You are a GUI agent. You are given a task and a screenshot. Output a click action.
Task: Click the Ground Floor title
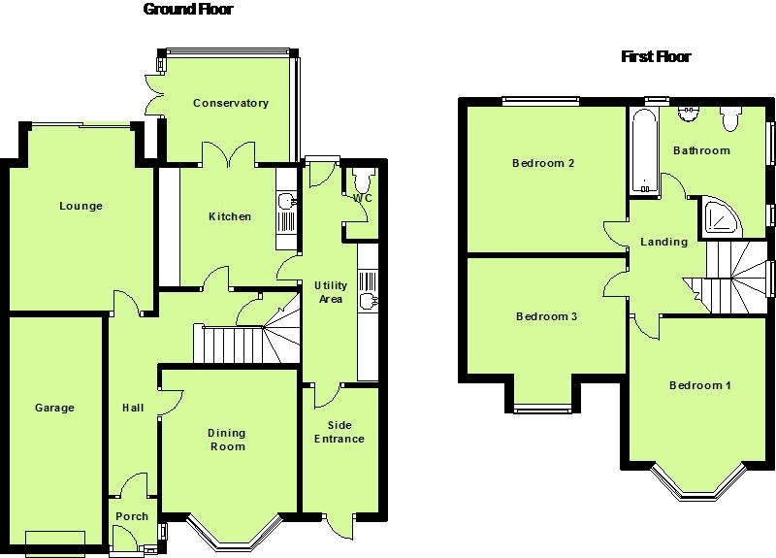(188, 10)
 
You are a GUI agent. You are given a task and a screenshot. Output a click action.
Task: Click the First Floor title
(656, 57)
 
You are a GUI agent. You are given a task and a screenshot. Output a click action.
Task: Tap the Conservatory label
(230, 104)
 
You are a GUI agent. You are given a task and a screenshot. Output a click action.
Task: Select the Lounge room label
(81, 207)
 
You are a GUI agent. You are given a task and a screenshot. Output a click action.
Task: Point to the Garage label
(54, 409)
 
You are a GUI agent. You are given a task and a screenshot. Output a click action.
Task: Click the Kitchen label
(230, 217)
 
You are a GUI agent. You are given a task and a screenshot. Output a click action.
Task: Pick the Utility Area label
(331, 292)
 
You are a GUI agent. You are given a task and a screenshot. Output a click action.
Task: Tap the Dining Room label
(227, 441)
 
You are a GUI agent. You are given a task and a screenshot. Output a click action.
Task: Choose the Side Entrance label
(339, 432)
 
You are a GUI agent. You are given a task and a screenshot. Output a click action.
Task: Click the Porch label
(132, 517)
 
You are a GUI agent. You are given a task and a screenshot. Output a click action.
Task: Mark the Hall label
(133, 409)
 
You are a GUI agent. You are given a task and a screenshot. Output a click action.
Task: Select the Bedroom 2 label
(543, 164)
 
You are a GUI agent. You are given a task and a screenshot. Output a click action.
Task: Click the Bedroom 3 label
(547, 317)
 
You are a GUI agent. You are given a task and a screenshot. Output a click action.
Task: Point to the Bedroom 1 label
(700, 386)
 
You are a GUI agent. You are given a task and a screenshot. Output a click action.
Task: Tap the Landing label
(663, 243)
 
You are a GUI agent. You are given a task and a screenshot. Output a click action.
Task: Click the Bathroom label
(701, 151)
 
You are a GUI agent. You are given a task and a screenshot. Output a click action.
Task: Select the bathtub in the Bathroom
(644, 151)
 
